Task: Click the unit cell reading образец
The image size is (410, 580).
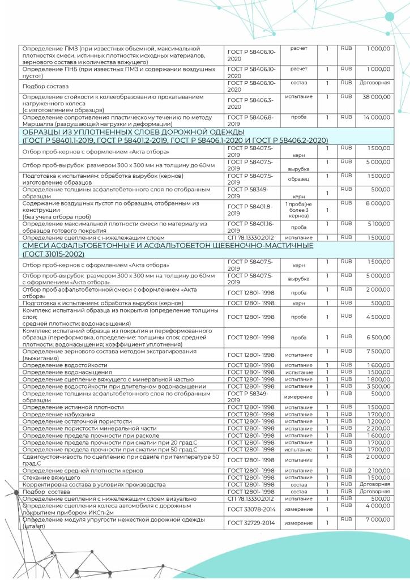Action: [x=298, y=177]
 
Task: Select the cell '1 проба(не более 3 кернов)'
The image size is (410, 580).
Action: [x=298, y=210]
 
